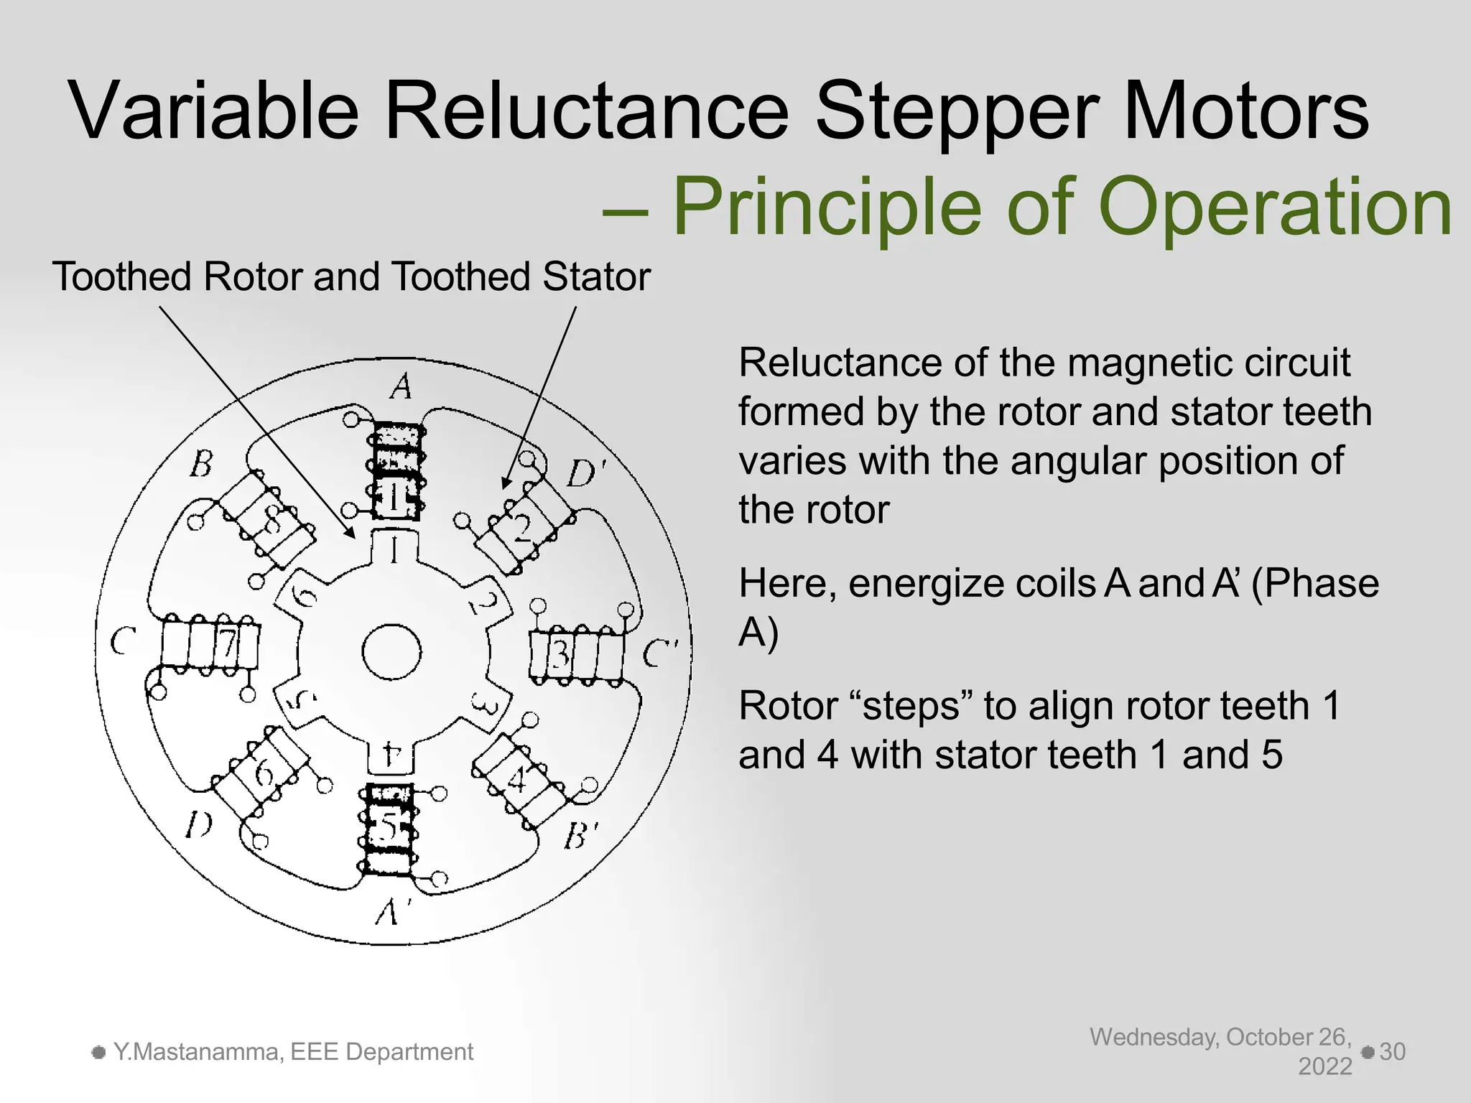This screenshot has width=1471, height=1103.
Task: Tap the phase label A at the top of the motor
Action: pos(402,387)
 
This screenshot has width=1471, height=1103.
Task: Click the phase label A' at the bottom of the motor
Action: pos(392,913)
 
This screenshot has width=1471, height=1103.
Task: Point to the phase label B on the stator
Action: pos(202,464)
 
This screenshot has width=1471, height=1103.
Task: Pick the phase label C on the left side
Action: pos(124,641)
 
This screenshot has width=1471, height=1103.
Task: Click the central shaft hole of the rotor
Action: pos(391,652)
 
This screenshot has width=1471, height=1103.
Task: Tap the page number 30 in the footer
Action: pos(1392,1052)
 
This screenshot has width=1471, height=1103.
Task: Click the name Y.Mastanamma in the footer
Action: pos(191,1052)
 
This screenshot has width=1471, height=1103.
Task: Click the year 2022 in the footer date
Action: pos(1325,1066)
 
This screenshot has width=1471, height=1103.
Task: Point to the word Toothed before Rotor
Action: pos(121,277)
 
